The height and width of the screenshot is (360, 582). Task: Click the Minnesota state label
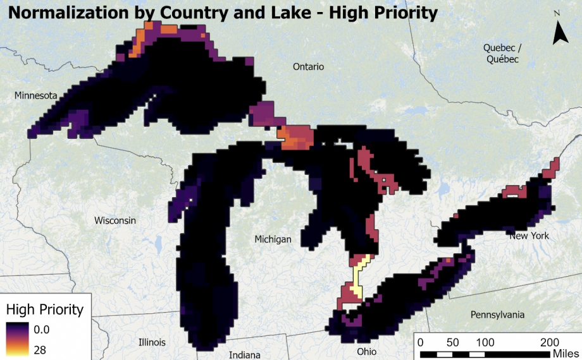(36, 95)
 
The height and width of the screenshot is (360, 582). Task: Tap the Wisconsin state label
(115, 220)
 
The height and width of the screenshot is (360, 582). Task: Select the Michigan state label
(273, 239)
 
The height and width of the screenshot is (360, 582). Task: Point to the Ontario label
(308, 66)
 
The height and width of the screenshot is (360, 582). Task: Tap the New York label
(529, 236)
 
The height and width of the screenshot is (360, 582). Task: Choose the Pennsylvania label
(498, 315)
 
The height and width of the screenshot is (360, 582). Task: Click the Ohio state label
(366, 352)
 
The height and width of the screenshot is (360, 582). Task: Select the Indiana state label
(244, 355)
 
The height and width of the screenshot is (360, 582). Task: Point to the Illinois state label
(152, 342)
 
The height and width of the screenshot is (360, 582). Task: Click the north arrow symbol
(560, 32)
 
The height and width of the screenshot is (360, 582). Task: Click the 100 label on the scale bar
(485, 342)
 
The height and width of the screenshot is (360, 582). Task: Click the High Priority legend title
(44, 309)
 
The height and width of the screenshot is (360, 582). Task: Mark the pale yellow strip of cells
(358, 276)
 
